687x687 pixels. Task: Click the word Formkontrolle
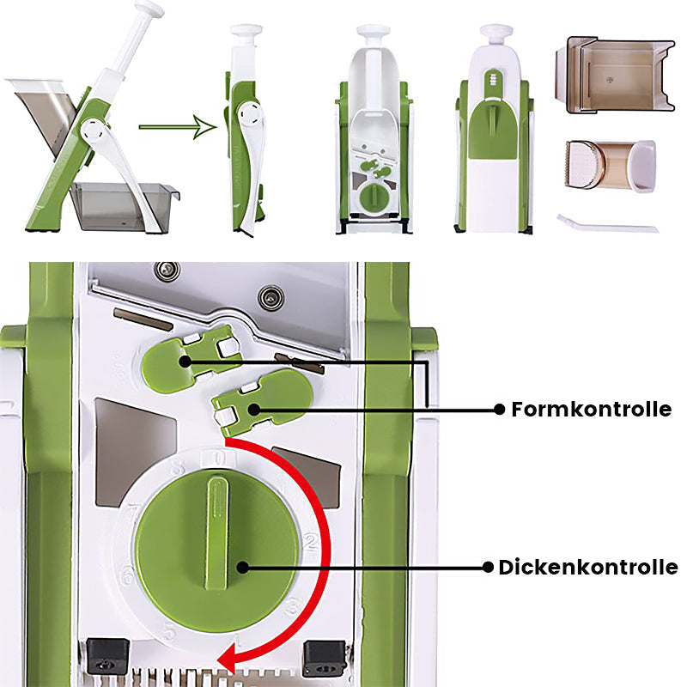point(591,410)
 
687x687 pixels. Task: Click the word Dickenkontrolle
point(588,567)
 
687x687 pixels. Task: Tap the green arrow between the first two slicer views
point(176,128)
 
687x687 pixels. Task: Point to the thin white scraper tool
point(606,225)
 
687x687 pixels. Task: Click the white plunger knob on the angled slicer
point(149,9)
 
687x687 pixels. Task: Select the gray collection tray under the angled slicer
point(123,207)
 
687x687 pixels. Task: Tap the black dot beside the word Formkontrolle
point(499,410)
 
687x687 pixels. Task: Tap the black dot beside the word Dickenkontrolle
point(486,567)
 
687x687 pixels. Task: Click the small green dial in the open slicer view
point(374,195)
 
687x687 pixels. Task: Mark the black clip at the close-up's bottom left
point(107,657)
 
